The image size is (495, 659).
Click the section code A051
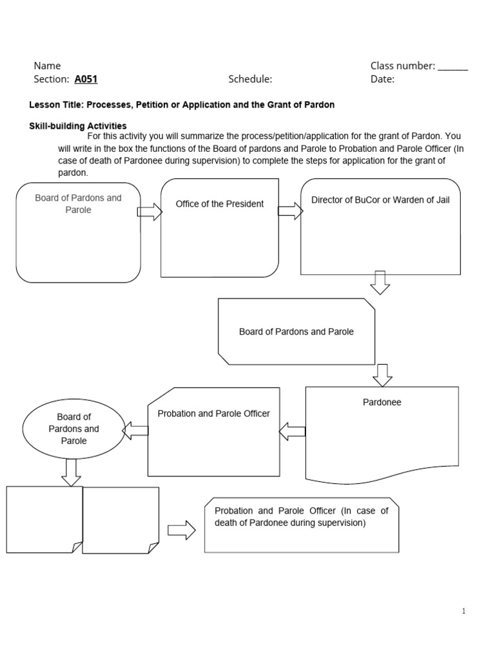tap(86, 79)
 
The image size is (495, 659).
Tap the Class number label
tap(403, 65)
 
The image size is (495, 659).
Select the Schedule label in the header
tap(250, 79)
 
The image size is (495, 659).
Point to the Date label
tap(382, 79)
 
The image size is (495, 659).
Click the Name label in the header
tap(47, 65)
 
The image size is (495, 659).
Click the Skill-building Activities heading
tap(78, 125)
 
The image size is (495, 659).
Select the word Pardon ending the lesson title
tap(319, 104)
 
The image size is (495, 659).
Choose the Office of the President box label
tap(220, 204)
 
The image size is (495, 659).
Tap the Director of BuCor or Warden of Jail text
tap(380, 200)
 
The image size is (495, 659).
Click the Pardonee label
tap(382, 402)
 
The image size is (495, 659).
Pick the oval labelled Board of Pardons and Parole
tap(73, 429)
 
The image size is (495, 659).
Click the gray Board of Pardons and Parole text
tap(78, 204)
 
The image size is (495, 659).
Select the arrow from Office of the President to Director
tap(290, 210)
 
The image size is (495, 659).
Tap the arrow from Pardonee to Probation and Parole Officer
tap(293, 431)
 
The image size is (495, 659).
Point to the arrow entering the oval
tap(135, 431)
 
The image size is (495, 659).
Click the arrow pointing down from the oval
tap(71, 472)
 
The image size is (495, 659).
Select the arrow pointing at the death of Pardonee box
tap(181, 530)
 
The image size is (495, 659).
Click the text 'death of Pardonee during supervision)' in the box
tap(290, 523)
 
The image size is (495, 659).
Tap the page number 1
tap(463, 611)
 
